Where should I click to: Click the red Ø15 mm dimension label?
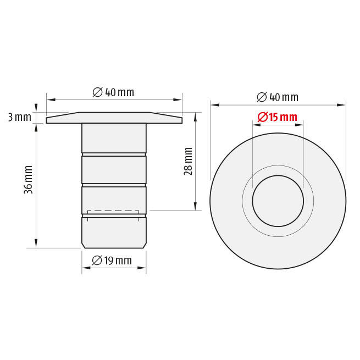[278, 117]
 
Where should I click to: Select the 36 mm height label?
[28, 180]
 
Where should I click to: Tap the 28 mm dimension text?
[188, 162]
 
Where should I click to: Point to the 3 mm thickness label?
[20, 117]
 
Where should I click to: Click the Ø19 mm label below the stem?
[112, 261]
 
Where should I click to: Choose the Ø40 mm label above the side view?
[113, 92]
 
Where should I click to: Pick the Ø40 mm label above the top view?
[278, 97]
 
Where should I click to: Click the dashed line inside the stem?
[113, 211]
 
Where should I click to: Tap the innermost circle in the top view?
[278, 176]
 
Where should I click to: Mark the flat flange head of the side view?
[114, 118]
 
